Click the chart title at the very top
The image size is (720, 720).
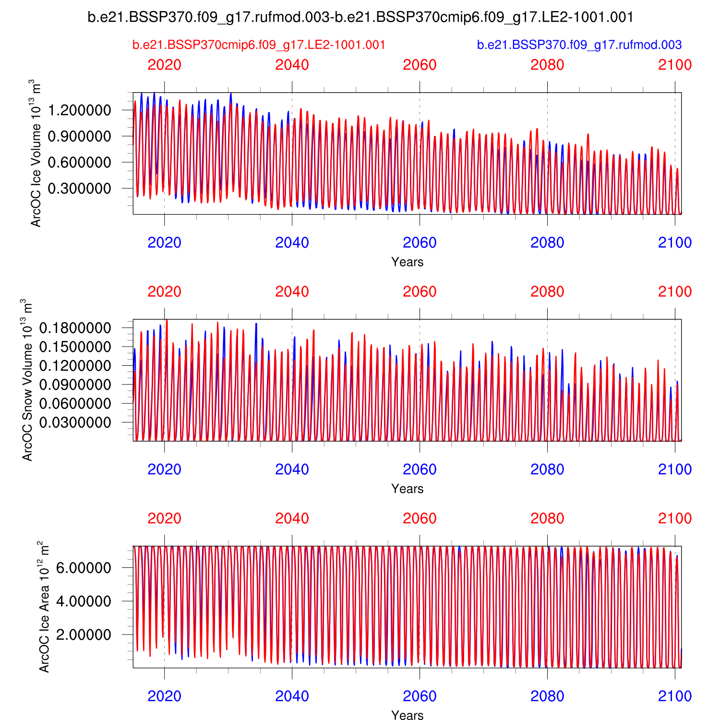point(360,17)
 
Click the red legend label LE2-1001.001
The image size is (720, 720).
point(259,45)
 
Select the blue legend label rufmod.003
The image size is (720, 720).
point(579,45)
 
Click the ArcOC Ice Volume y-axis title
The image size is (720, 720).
point(36,153)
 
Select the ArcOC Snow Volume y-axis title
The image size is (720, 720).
point(27,380)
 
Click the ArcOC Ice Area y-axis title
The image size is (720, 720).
point(43,607)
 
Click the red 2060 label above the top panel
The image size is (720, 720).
point(420,65)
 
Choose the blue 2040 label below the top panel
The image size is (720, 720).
point(292,243)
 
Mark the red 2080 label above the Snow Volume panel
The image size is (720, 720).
point(547,292)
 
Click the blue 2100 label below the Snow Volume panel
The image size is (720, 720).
point(674,469)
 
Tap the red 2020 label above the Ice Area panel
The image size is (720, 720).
point(164,518)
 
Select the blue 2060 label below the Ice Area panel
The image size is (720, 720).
point(420,696)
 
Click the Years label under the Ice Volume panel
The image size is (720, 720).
point(407,262)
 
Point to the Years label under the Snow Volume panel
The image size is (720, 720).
point(407,489)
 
